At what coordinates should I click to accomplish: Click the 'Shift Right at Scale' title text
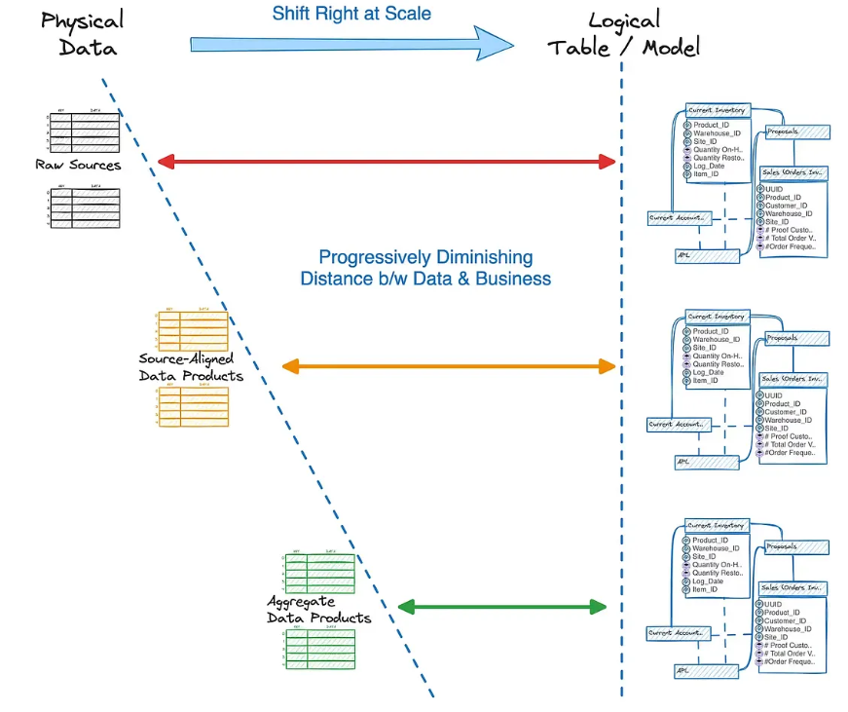[x=350, y=14]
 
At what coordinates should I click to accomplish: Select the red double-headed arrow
[x=387, y=161]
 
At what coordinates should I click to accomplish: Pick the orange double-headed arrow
[x=449, y=366]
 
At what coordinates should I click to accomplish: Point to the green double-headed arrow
[x=503, y=607]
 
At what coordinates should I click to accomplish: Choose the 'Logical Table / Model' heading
[x=623, y=33]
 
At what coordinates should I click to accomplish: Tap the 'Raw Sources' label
[x=78, y=165]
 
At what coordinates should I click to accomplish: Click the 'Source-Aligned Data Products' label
[x=191, y=367]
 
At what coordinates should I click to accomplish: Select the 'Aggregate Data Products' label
[x=319, y=610]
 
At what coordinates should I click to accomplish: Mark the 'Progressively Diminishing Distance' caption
[x=425, y=268]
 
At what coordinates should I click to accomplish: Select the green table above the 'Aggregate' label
[x=319, y=574]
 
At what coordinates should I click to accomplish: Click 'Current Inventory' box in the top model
[x=717, y=110]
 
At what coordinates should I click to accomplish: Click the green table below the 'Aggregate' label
[x=319, y=647]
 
